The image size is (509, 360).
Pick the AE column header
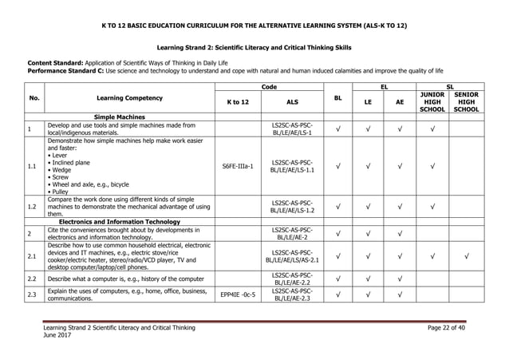click(x=400, y=102)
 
